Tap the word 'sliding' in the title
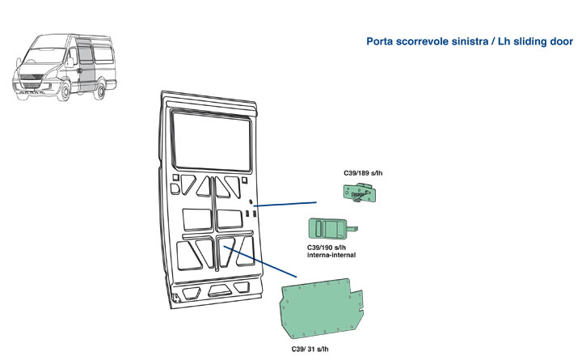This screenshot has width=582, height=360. [530, 40]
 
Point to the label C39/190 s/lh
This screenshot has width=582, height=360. [331, 247]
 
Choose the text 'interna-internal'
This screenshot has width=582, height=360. [331, 255]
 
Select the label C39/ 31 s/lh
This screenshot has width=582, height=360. [310, 349]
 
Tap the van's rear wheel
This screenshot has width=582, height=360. [101, 89]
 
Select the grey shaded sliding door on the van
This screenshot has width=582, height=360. [83, 65]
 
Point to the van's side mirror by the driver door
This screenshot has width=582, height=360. [70, 61]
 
